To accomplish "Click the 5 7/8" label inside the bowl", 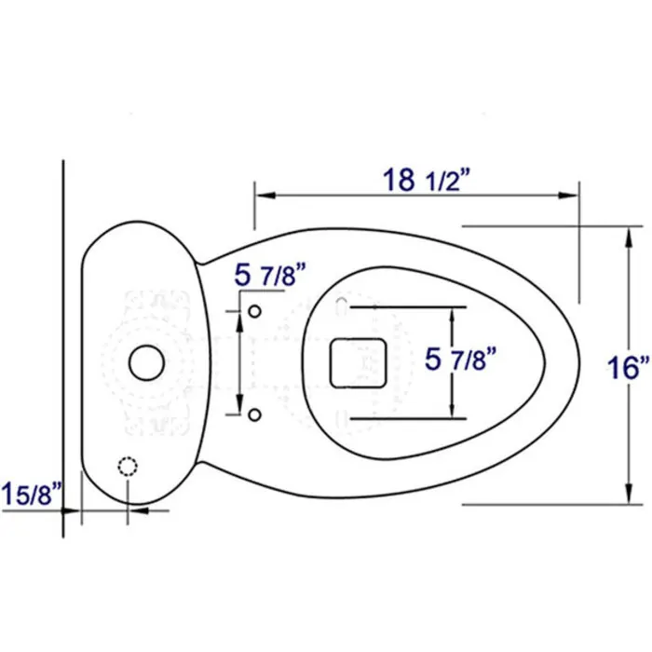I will (460, 360).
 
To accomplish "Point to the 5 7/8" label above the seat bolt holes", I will (271, 275).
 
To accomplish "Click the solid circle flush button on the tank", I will (145, 362).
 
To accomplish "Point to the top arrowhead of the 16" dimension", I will (625, 235).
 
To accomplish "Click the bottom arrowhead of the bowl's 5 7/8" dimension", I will (452, 412).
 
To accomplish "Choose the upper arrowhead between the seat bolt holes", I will (241, 319).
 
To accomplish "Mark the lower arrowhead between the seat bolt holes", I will (241, 402).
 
